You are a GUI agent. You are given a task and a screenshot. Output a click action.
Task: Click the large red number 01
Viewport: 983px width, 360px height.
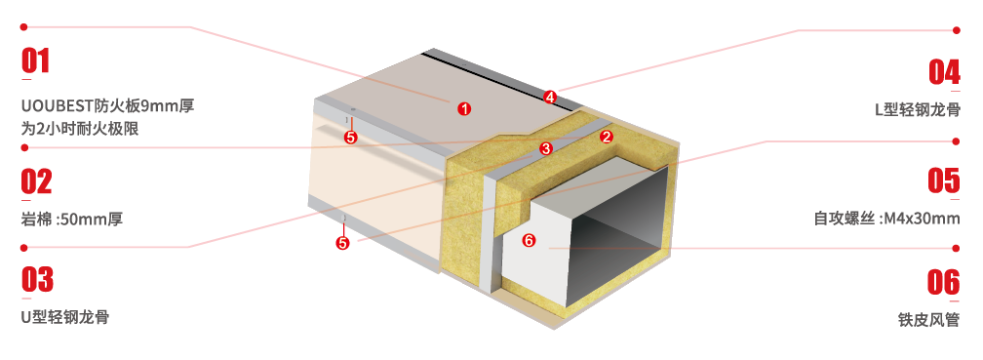pyautogui.click(x=35, y=61)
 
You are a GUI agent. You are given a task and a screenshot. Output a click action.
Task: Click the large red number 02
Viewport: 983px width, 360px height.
pyautogui.click(x=36, y=181)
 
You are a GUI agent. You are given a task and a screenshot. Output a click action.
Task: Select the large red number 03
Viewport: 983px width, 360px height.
pyautogui.click(x=37, y=280)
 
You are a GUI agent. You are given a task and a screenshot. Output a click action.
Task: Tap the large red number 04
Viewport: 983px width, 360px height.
pyautogui.click(x=944, y=71)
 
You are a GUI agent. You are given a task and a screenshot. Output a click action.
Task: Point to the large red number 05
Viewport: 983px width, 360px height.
pyautogui.click(x=944, y=180)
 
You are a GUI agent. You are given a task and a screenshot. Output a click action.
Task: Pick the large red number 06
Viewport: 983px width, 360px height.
pyautogui.click(x=944, y=282)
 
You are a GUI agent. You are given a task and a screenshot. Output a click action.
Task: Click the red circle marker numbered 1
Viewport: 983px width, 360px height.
pyautogui.click(x=464, y=109)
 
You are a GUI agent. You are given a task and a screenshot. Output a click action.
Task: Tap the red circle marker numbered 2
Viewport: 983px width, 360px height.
pyautogui.click(x=606, y=137)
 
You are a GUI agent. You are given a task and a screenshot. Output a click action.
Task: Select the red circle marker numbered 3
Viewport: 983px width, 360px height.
pyautogui.click(x=545, y=148)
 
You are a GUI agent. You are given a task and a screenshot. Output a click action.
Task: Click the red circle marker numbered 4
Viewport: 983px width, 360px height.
pyautogui.click(x=550, y=98)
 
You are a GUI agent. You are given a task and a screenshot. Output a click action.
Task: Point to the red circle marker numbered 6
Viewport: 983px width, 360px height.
pyautogui.click(x=530, y=240)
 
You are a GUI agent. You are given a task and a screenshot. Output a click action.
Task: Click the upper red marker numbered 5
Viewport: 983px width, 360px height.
pyautogui.click(x=350, y=138)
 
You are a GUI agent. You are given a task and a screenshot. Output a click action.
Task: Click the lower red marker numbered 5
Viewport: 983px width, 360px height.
pyautogui.click(x=342, y=243)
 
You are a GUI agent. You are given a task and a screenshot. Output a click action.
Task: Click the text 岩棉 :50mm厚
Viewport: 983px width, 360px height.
pyautogui.click(x=72, y=220)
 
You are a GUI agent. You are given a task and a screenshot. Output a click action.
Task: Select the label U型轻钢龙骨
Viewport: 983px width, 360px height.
pyautogui.click(x=65, y=317)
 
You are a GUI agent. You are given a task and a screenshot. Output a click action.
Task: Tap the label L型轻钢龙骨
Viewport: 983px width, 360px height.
pyautogui.click(x=917, y=109)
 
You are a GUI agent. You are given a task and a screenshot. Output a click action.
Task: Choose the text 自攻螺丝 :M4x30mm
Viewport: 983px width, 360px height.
pyautogui.click(x=887, y=219)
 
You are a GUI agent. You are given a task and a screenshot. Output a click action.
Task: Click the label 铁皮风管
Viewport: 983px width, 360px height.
pyautogui.click(x=928, y=320)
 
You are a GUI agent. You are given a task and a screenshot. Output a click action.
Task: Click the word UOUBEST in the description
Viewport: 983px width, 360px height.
pyautogui.click(x=54, y=106)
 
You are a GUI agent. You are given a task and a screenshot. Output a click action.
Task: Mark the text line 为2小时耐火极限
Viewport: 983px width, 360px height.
pyautogui.click(x=80, y=129)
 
